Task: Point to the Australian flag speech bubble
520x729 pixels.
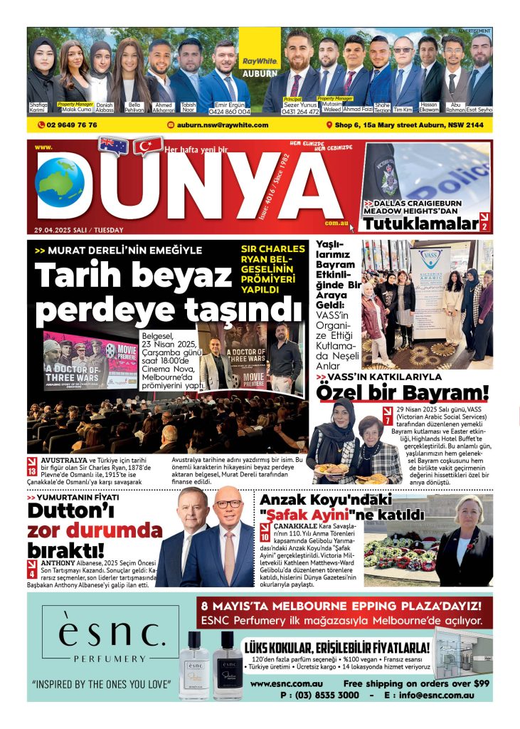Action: [113, 145]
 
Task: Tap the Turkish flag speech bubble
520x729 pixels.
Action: [148, 145]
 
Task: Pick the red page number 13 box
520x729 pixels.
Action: [31, 470]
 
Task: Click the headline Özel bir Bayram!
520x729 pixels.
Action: [403, 392]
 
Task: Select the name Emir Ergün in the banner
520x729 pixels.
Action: [224, 105]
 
